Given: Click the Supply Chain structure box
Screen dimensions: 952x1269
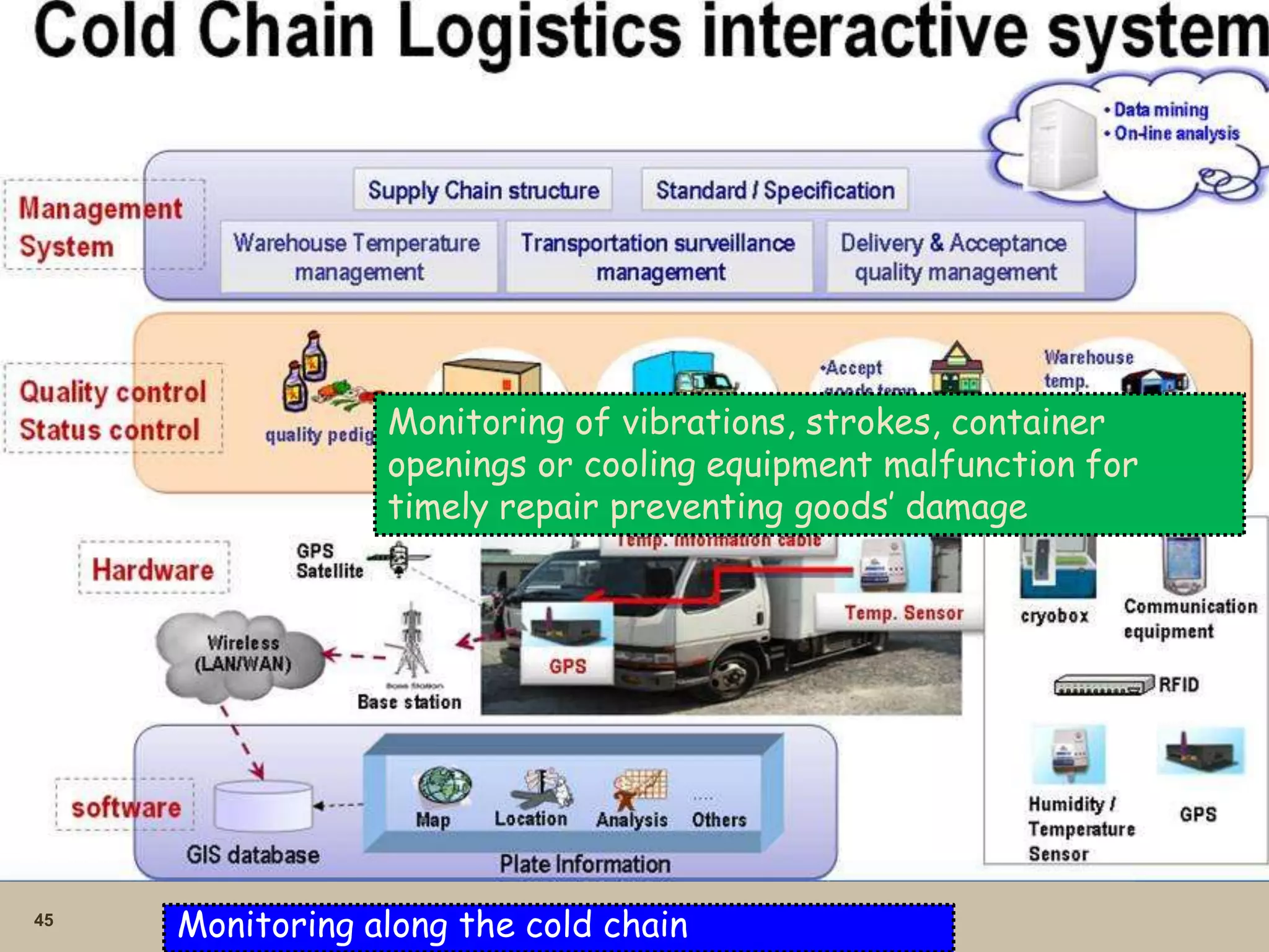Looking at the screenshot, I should pos(483,190).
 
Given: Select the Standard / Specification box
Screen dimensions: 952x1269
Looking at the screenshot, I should pos(775,190).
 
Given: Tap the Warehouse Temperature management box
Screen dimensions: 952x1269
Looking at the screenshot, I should pos(358,257).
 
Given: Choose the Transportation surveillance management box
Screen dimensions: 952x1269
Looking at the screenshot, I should pos(659,257).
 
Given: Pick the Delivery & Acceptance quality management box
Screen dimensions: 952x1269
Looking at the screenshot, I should pos(955,257).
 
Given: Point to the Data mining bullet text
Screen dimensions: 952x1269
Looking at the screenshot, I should pos(1161,110).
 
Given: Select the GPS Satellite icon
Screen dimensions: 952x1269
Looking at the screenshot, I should pos(398,558).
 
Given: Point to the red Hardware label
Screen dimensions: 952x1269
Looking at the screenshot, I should pos(153,569).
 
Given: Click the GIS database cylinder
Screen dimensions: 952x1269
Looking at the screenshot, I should pos(263,806).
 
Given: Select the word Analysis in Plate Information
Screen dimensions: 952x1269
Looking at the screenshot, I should pos(631,819).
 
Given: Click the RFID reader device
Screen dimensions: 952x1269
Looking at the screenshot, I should pos(1103,685).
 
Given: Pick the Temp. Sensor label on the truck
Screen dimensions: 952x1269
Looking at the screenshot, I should pos(903,613).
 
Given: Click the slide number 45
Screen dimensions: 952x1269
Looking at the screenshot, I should pos(43,920).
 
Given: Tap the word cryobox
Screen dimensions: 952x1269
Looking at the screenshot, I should pos(1054,615).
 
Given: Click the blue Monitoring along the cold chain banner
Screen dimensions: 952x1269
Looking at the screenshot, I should pos(558,926).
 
